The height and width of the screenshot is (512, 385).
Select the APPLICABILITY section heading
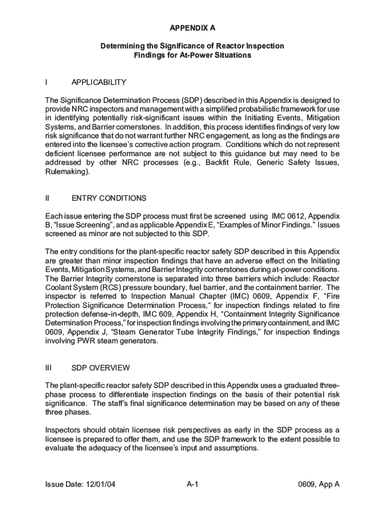click(x=98, y=82)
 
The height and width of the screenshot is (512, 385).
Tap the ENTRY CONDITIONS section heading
click(x=109, y=198)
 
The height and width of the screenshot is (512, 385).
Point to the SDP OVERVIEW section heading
click(x=100, y=367)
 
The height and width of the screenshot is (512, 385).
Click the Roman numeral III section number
click(x=48, y=367)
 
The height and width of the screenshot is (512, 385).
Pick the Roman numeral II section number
click(x=47, y=198)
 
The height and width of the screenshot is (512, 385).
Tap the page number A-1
click(x=193, y=484)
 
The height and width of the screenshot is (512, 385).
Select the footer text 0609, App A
click(x=318, y=484)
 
